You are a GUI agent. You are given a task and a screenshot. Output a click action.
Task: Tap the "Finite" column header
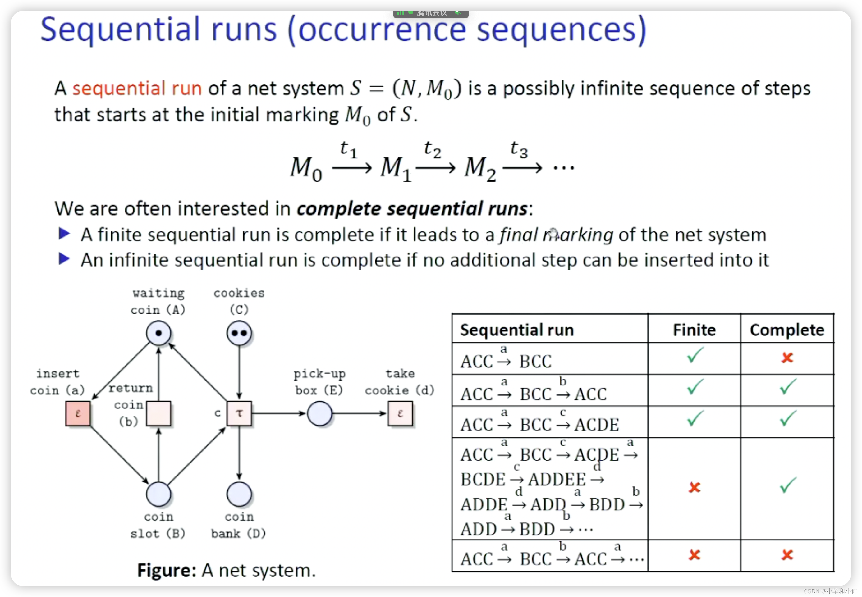pyautogui.click(x=694, y=330)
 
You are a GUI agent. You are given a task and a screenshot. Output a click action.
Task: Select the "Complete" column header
pyautogui.click(x=787, y=330)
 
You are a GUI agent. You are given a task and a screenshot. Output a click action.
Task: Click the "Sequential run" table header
pyautogui.click(x=517, y=330)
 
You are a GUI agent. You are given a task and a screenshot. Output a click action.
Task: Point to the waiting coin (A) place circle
pyautogui.click(x=158, y=333)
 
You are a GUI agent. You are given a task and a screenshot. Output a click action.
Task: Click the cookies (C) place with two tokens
pyautogui.click(x=239, y=333)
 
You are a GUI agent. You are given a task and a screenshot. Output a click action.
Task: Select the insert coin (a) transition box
pyautogui.click(x=78, y=413)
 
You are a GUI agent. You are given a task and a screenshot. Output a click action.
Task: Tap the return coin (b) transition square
pyautogui.click(x=158, y=413)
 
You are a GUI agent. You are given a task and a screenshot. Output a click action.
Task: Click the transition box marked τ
pyautogui.click(x=239, y=413)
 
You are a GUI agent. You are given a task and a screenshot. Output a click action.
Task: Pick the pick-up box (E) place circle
pyautogui.click(x=319, y=413)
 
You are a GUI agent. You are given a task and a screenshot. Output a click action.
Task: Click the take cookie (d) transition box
pyautogui.click(x=400, y=413)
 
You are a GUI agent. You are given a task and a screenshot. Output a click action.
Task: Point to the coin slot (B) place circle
pyautogui.click(x=158, y=494)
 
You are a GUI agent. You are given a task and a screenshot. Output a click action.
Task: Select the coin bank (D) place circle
pyautogui.click(x=239, y=494)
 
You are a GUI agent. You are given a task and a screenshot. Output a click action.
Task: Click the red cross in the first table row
pyautogui.click(x=787, y=358)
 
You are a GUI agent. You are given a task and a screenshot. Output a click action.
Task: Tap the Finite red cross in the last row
pyautogui.click(x=694, y=555)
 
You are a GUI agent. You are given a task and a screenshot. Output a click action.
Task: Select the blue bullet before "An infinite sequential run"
pyautogui.click(x=64, y=259)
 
